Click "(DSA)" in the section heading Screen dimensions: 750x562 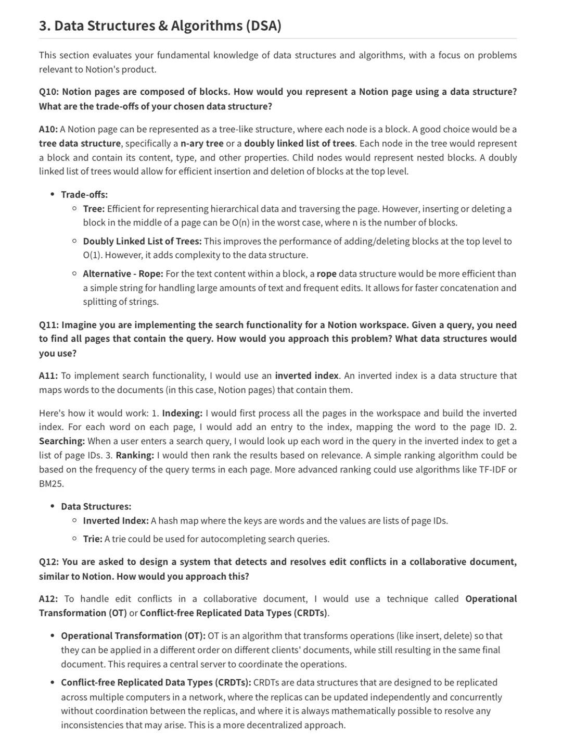coord(264,26)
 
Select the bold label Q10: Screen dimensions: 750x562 coord(49,92)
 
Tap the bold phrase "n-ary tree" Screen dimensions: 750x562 coord(202,143)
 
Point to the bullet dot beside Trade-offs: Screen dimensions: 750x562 coord(53,194)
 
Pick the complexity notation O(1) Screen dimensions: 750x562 coord(94,255)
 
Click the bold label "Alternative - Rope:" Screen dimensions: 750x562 coord(123,273)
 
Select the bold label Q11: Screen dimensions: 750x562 coord(49,325)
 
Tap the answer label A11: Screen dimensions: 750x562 coord(48,376)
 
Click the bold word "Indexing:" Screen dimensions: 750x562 coord(182,413)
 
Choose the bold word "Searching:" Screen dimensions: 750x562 coord(62,441)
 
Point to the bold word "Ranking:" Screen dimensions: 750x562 coord(135,455)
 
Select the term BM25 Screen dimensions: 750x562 coord(52,483)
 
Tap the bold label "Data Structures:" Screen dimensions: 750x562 coord(96,506)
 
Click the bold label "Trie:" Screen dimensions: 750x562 coord(93,539)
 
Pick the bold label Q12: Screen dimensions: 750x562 coord(49,562)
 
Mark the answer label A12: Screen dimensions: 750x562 coord(48,599)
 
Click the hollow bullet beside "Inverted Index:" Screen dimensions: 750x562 coord(75,520)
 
